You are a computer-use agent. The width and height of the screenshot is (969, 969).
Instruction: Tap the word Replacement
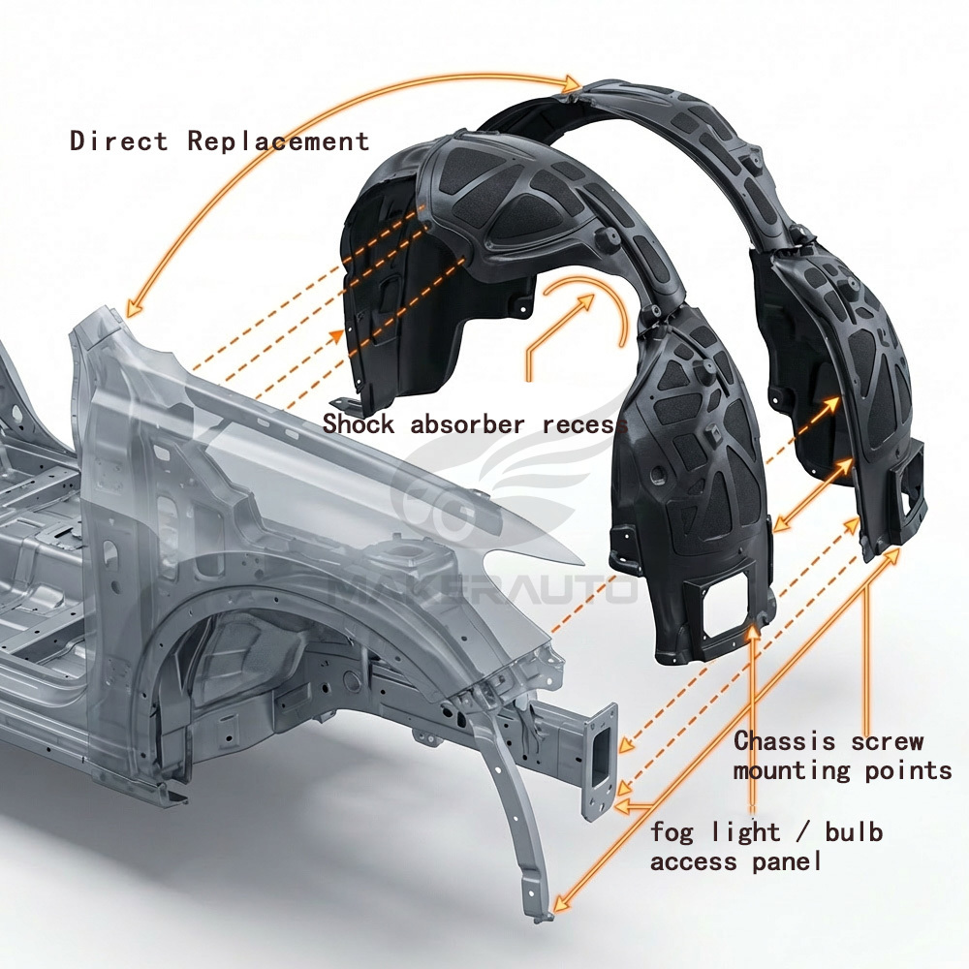[x=278, y=141]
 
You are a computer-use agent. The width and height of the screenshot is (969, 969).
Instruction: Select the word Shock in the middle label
[x=359, y=423]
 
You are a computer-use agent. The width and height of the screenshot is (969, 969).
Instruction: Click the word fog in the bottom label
[x=673, y=832]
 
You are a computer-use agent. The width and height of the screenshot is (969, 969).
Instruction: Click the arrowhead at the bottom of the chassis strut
[x=556, y=909]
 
